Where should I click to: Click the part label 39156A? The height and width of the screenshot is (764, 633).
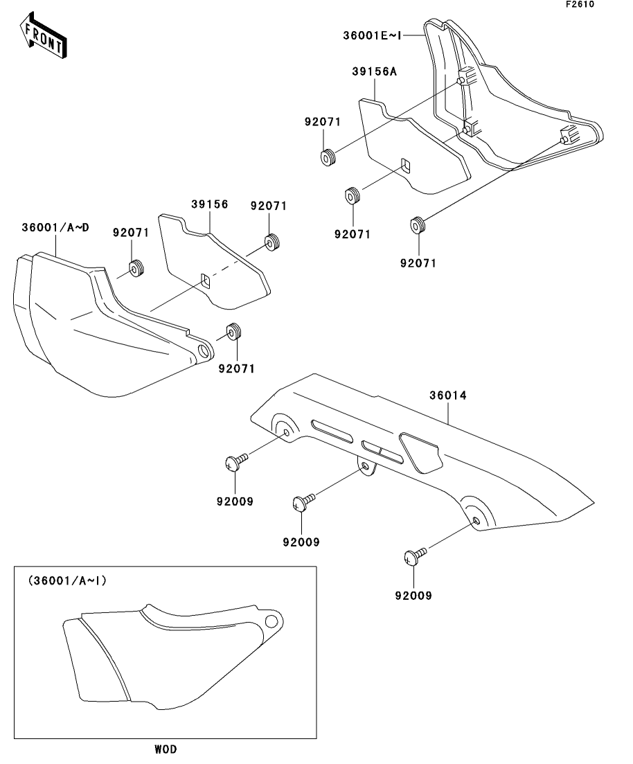pyautogui.click(x=374, y=73)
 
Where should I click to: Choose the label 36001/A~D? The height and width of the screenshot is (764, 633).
pyautogui.click(x=55, y=227)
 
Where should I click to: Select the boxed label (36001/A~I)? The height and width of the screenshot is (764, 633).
pyautogui.click(x=66, y=581)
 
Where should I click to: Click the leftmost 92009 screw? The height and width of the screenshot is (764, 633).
pyautogui.click(x=234, y=463)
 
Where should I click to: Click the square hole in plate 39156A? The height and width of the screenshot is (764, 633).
pyautogui.click(x=406, y=166)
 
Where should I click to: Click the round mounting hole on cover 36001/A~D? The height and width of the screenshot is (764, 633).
pyautogui.click(x=204, y=351)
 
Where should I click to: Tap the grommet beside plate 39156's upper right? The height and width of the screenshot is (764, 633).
pyautogui.click(x=271, y=243)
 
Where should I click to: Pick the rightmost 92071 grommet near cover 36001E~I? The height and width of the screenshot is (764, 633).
pyautogui.click(x=418, y=224)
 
